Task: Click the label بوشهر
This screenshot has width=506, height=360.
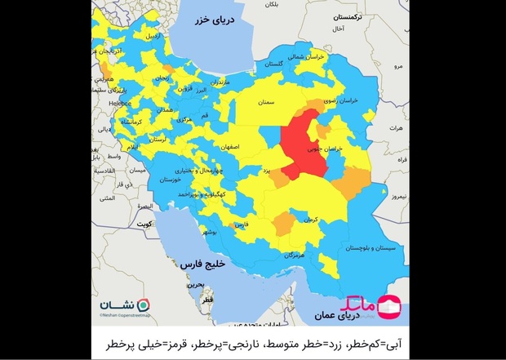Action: coord(210,233)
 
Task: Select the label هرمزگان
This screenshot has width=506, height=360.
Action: coord(296,256)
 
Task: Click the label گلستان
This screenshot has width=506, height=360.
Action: coord(281,63)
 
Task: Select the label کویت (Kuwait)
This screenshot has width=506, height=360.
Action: coord(145,222)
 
